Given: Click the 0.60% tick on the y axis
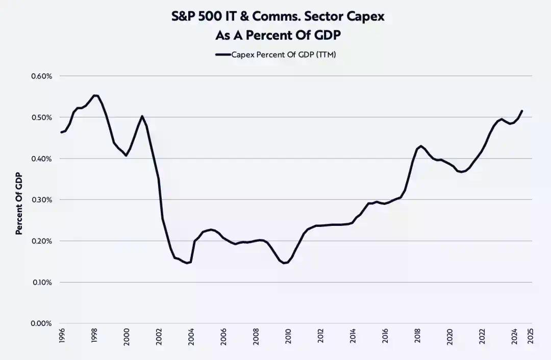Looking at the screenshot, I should (x=41, y=76).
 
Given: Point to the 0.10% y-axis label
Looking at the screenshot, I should (x=41, y=282).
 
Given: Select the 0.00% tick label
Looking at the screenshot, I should (x=41, y=323).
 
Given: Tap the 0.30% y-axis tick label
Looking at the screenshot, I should (x=41, y=200).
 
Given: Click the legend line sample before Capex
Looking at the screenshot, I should (x=223, y=55).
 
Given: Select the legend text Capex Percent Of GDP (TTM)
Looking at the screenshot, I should (x=283, y=55).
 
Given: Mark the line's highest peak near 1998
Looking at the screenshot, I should (x=95, y=95).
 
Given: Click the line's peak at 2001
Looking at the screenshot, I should (x=142, y=116).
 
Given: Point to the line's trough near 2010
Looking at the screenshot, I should (x=284, y=263).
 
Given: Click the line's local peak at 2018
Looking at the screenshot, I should (x=420, y=146).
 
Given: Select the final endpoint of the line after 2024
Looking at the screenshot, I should (x=522, y=111).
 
